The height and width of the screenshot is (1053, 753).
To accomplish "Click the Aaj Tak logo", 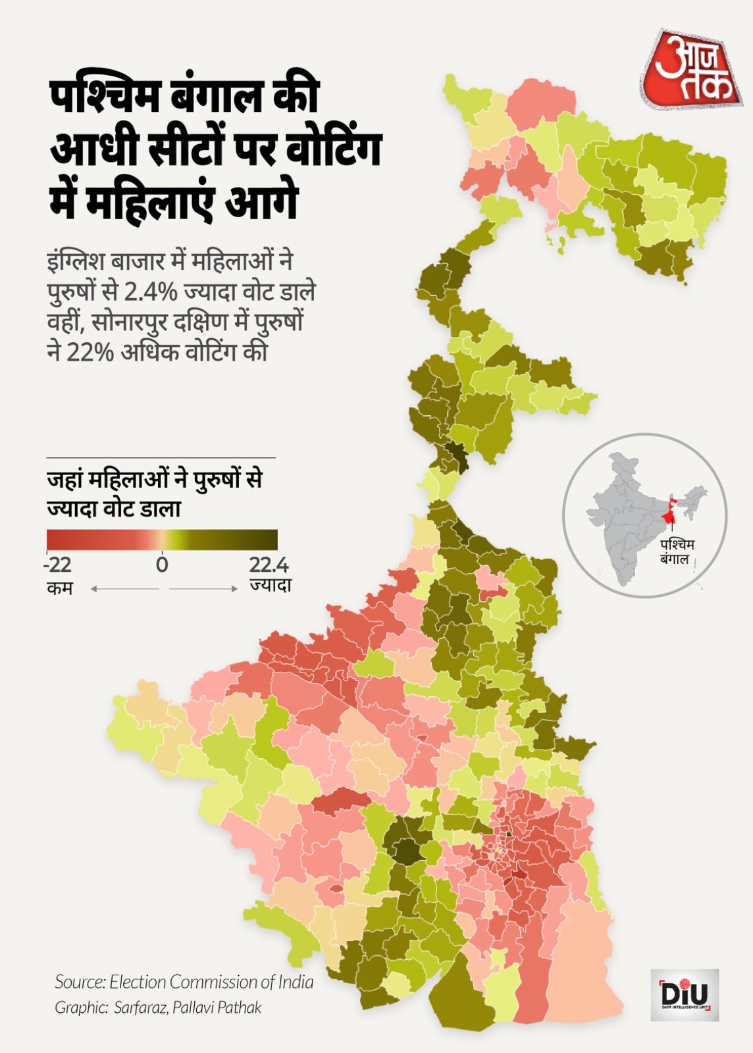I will point(690,70).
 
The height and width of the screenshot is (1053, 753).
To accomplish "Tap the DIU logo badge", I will point(685,994).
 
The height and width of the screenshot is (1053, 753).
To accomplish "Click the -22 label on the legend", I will point(58,565).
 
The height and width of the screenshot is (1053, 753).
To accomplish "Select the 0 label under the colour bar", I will point(162,565).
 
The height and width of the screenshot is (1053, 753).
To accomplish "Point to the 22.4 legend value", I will point(269,565).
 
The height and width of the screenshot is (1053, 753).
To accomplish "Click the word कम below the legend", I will point(60,588).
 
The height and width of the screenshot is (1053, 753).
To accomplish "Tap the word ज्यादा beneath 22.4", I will point(270,585).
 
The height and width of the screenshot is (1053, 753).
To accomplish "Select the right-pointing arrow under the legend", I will point(204,588).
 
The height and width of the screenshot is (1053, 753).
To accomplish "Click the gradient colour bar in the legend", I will point(162,540).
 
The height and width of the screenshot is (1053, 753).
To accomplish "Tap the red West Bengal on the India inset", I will point(669,513).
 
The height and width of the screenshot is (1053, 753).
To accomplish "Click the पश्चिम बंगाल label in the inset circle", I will point(677,552).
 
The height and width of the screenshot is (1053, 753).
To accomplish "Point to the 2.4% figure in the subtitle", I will point(151,291).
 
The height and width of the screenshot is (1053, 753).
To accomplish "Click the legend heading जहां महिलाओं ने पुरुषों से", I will point(154,479).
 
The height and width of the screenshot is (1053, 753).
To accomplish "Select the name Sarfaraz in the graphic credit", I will point(140,1008).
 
